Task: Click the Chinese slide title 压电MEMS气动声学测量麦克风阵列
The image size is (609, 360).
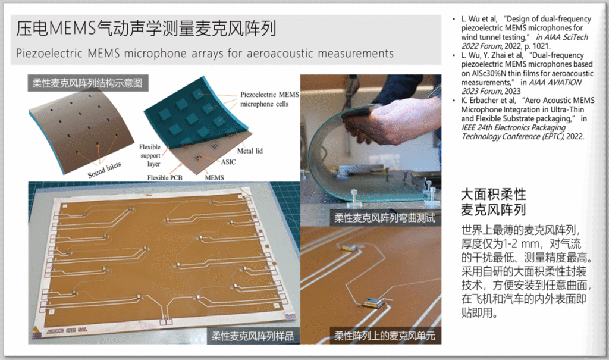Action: pos(146,29)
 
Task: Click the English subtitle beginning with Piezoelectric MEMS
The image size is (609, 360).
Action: pos(205,54)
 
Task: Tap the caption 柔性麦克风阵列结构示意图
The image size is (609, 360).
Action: pos(87,83)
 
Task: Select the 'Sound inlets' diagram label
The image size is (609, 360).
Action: pos(104,170)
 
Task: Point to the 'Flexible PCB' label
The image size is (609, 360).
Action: pos(165,178)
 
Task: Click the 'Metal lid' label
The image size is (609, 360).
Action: pos(250,151)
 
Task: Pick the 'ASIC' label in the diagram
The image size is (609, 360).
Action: pos(228,162)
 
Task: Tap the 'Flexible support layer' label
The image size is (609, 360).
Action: pos(150,155)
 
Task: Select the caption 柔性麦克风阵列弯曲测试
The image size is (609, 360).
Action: pos(385,218)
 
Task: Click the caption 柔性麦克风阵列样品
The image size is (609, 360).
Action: pos(252,336)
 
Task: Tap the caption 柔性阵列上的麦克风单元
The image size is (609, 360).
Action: pos(385,336)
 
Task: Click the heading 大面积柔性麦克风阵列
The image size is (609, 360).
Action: pos(493,202)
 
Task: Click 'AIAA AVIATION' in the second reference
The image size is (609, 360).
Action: pos(555,83)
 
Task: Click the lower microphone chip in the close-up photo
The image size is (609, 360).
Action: pos(373,302)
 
